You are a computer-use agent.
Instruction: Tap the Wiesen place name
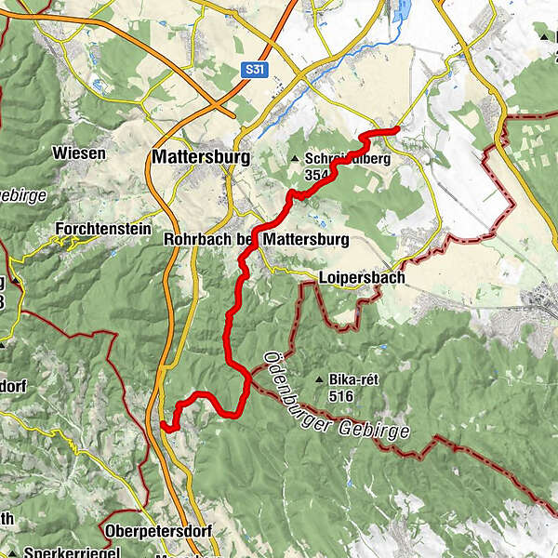pos(73,153)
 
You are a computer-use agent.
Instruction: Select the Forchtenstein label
pos(97,228)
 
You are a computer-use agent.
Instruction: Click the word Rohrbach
pos(197,240)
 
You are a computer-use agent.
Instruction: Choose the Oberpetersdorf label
pos(159,531)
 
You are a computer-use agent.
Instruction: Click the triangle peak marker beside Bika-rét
pos(321,379)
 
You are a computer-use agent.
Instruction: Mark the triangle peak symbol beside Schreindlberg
pos(295,159)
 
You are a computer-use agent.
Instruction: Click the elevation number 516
pos(339,394)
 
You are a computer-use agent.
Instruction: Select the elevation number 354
pos(317,174)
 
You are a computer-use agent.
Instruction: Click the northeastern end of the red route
pos(396,128)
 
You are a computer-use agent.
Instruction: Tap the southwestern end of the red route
pos(164,426)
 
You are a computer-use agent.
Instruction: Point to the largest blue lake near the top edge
pos(402,11)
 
